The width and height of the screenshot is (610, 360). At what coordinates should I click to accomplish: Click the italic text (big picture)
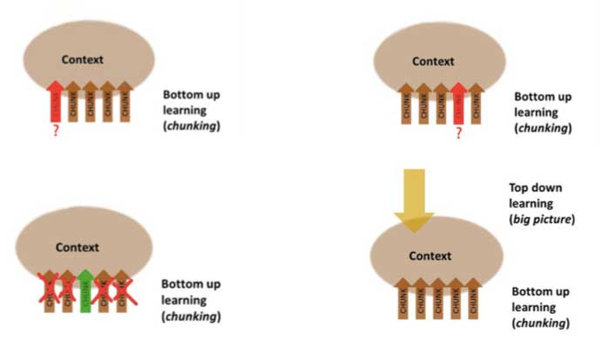(x=542, y=219)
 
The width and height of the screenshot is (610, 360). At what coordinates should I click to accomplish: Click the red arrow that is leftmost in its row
(x=55, y=102)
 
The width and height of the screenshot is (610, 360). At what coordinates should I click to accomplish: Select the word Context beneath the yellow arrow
(x=431, y=256)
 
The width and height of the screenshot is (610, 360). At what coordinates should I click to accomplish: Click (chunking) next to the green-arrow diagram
(x=191, y=316)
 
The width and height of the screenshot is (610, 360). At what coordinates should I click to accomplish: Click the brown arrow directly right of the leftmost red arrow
(x=73, y=104)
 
